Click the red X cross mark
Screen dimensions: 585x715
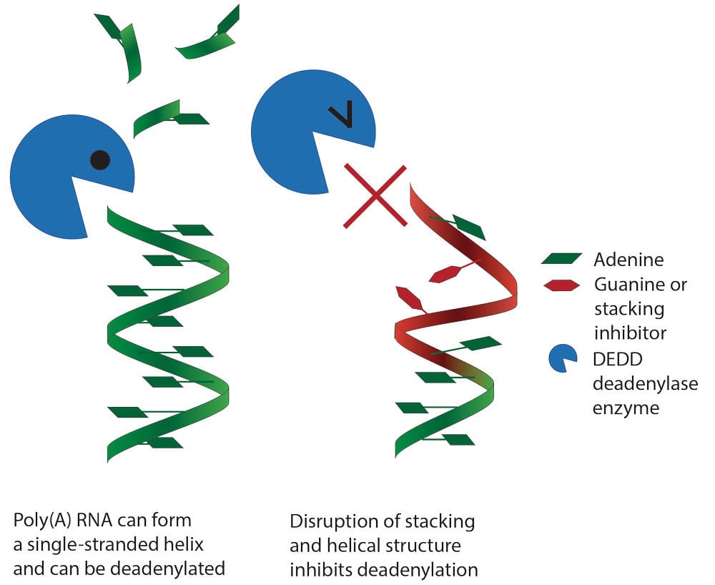click(x=375, y=196)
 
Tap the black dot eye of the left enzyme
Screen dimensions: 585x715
click(x=100, y=160)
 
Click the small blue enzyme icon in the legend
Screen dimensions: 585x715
click(x=562, y=358)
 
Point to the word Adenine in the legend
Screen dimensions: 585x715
click(x=628, y=260)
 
